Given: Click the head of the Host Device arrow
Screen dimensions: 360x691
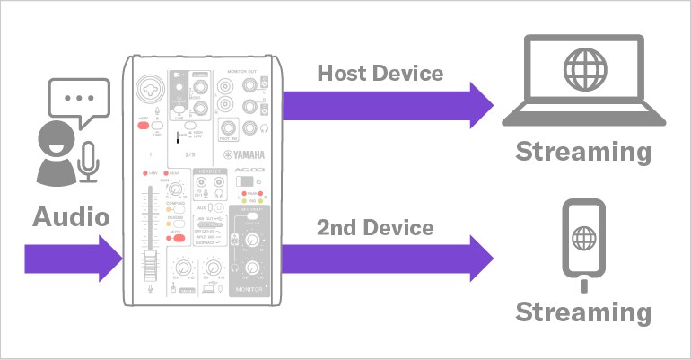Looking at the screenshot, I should (480, 106).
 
